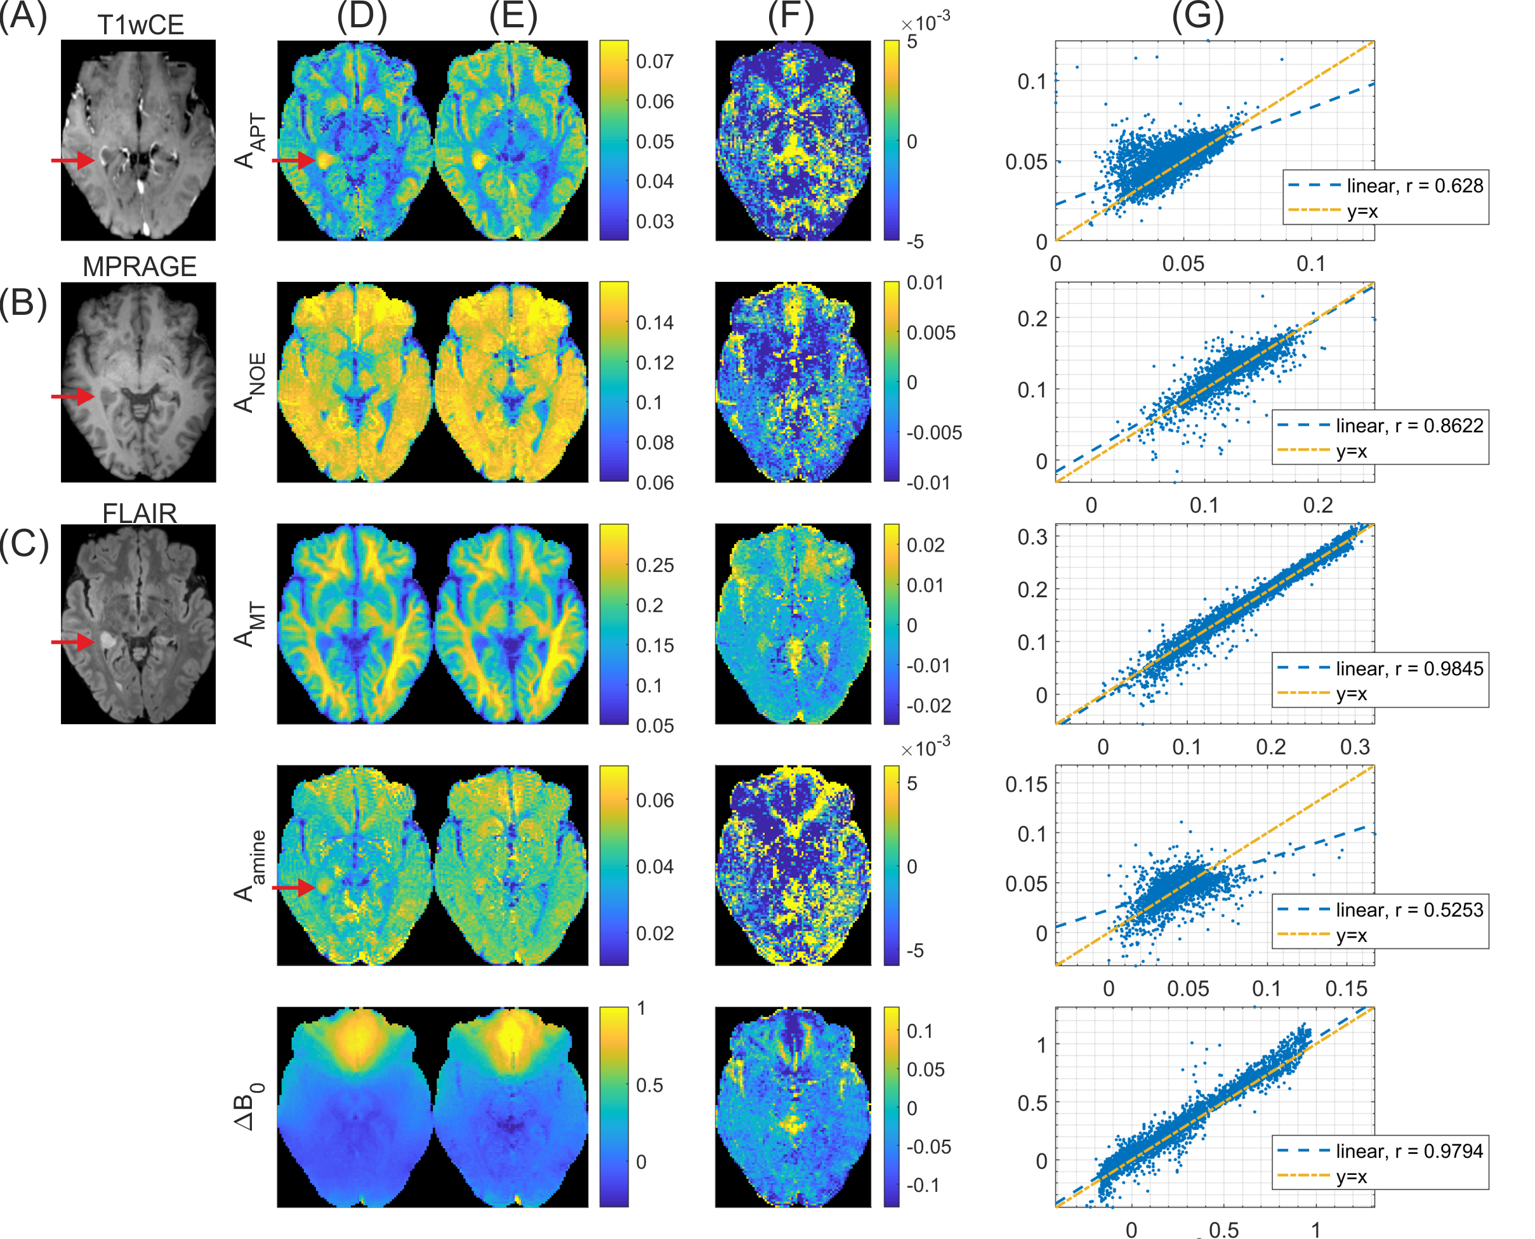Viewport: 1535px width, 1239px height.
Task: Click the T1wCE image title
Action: tap(141, 25)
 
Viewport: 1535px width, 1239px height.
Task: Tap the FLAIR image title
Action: tap(139, 513)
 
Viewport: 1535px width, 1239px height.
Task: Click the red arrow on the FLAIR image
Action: tap(73, 642)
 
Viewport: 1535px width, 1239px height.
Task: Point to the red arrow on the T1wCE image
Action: tap(73, 160)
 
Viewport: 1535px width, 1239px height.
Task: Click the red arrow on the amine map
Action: tap(293, 887)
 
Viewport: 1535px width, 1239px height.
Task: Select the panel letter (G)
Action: tap(1197, 16)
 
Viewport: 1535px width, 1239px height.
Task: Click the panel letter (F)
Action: tap(790, 16)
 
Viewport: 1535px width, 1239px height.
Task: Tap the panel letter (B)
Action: tap(23, 303)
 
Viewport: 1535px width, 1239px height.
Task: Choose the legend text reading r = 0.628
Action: tap(1414, 186)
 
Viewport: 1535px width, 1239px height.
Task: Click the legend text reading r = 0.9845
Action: tap(1409, 669)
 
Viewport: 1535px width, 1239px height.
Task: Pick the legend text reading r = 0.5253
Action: tap(1409, 910)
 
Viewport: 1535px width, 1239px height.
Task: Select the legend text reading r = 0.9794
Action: tap(1409, 1151)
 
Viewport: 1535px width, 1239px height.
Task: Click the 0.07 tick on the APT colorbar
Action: tap(654, 62)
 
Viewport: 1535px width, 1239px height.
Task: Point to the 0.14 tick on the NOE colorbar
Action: tap(654, 322)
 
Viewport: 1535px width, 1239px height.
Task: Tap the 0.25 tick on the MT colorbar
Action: tap(654, 566)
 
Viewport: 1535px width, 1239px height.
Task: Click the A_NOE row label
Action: tap(250, 383)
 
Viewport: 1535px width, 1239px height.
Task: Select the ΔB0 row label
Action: tap(250, 1107)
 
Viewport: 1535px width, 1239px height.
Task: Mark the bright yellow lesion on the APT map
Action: tap(325, 159)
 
